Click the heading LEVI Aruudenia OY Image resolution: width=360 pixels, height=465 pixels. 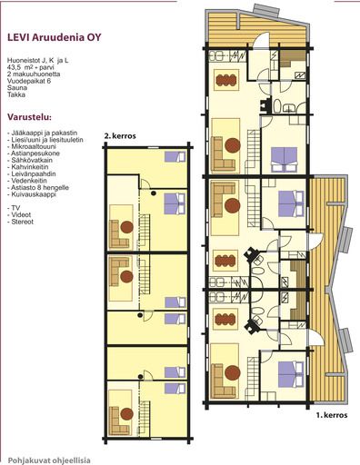pyautogui.click(x=55, y=37)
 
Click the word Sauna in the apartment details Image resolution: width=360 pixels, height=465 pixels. pyautogui.click(x=17, y=88)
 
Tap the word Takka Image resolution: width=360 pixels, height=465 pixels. pyautogui.click(x=16, y=94)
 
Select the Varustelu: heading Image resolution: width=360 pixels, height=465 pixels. pyautogui.click(x=29, y=117)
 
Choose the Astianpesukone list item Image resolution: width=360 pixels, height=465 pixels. pyautogui.click(x=34, y=153)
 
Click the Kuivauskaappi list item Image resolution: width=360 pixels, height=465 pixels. pyautogui.click(x=32, y=194)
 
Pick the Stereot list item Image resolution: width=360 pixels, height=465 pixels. pyautogui.click(x=21, y=222)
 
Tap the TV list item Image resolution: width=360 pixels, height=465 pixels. pyautogui.click(x=14, y=208)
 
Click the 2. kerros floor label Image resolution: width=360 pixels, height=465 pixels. pyautogui.click(x=120, y=136)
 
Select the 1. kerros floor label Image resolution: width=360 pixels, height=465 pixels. pyautogui.click(x=332, y=415)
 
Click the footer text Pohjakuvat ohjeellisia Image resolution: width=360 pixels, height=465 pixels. pyautogui.click(x=49, y=460)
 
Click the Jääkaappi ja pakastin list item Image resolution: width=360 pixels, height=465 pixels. pyautogui.click(x=43, y=133)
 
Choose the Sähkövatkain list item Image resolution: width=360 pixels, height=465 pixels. pyautogui.click(x=30, y=160)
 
